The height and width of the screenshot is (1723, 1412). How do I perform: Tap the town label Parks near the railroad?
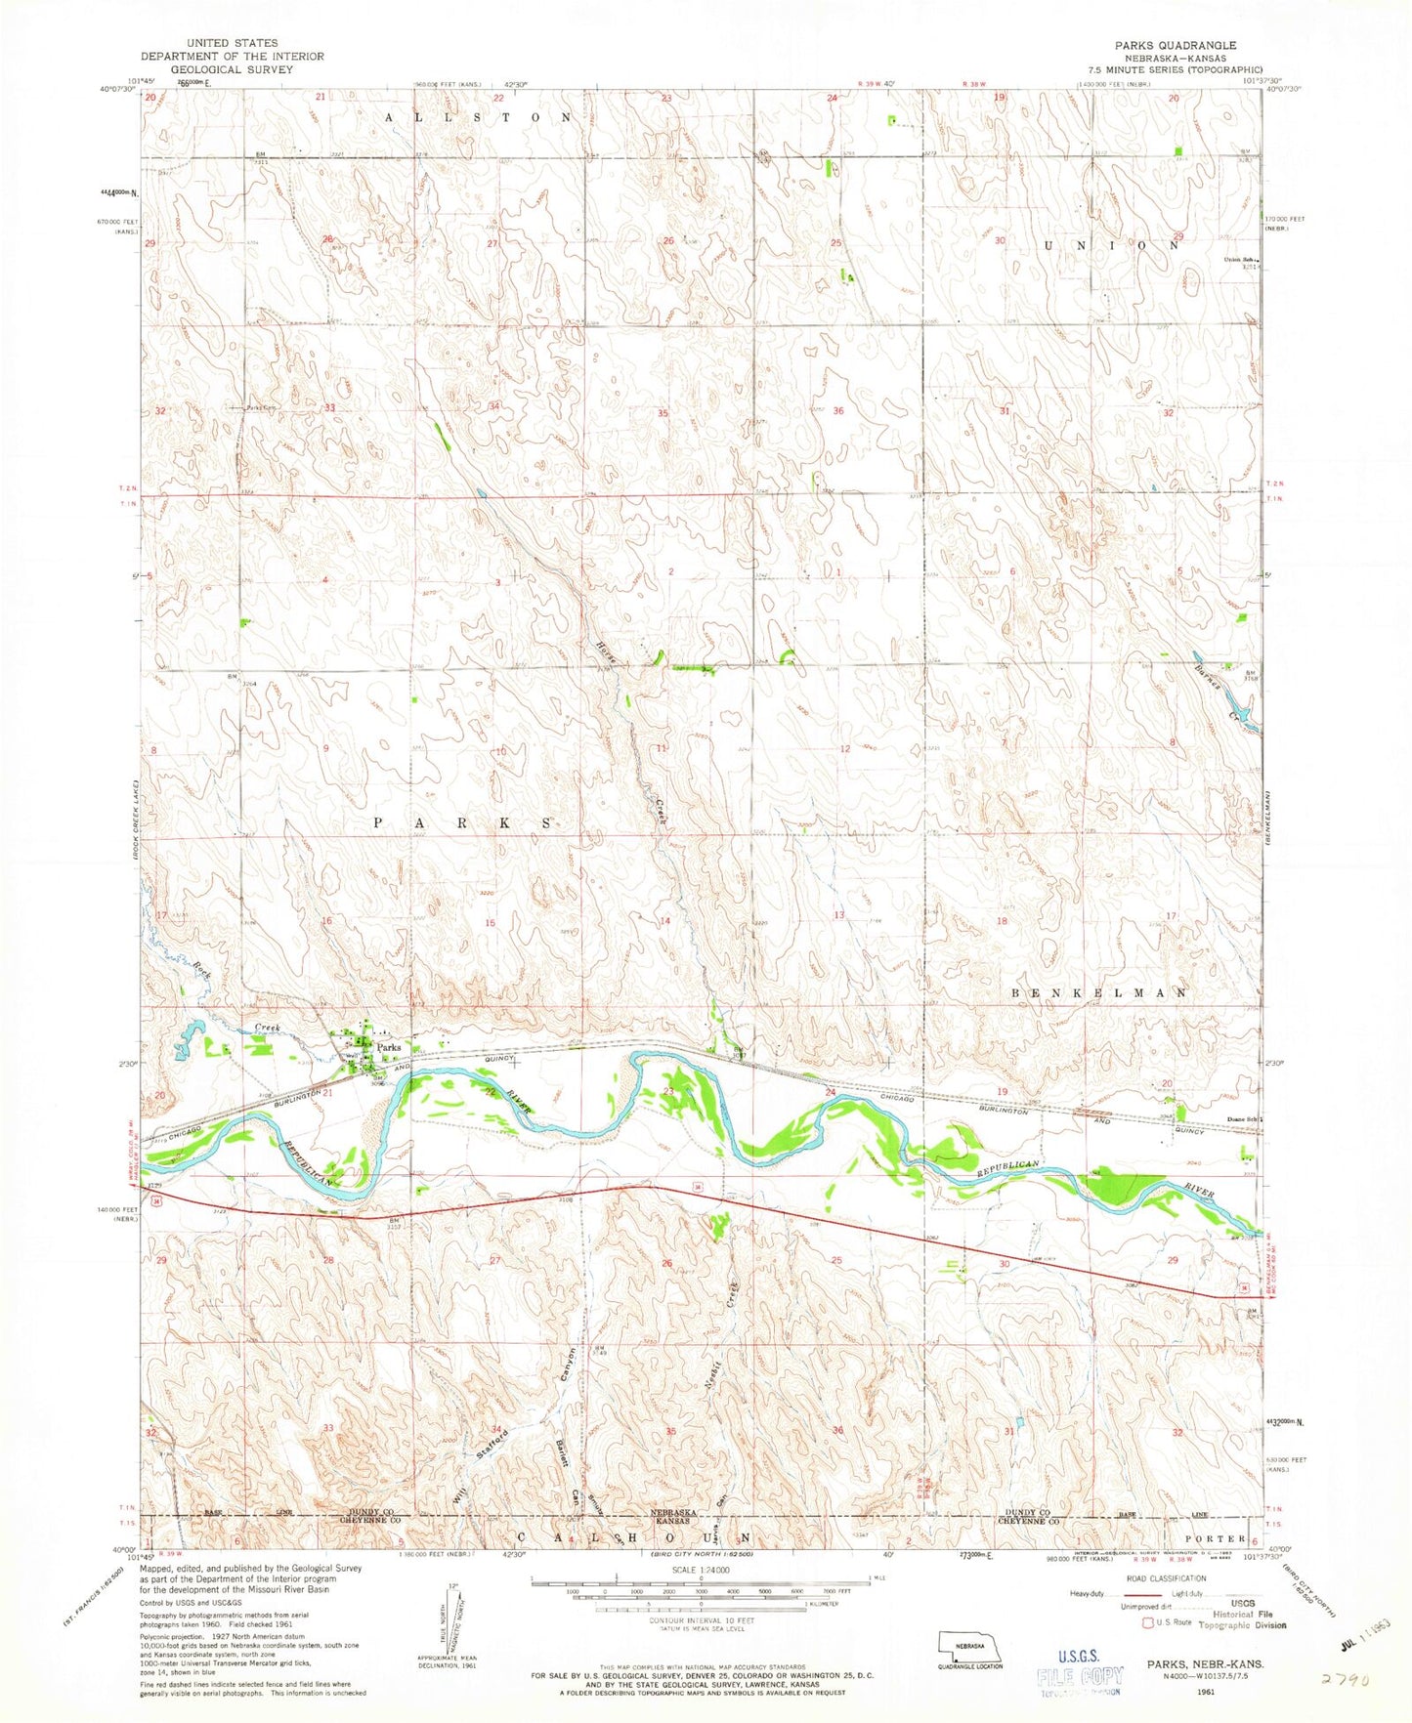click(x=390, y=1047)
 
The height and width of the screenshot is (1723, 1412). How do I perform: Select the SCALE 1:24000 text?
click(x=701, y=1569)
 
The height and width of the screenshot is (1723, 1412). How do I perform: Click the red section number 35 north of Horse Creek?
click(x=663, y=413)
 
